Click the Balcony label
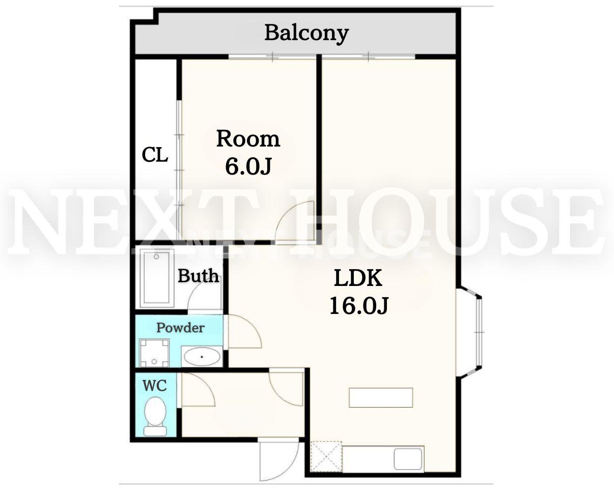pos(306,34)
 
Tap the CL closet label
pos(155,155)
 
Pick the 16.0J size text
pos(359,305)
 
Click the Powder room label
pos(180,328)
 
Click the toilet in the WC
pos(155,417)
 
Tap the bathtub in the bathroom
pos(156,277)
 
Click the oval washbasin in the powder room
pos(202,357)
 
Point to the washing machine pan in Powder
pos(154,353)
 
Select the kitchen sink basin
pos(408,458)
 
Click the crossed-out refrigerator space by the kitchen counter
pos(326,456)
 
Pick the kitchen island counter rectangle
pos(381,397)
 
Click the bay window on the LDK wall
pos(470,333)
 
